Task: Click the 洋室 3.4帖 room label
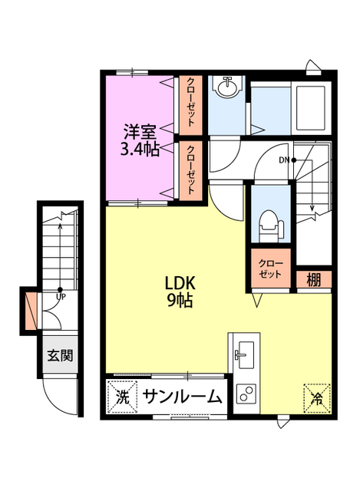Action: pyautogui.click(x=140, y=140)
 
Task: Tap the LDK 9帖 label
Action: pyautogui.click(x=180, y=292)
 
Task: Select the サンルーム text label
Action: pyautogui.click(x=183, y=397)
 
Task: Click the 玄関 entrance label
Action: pyautogui.click(x=60, y=355)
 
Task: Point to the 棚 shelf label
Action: pyautogui.click(x=314, y=279)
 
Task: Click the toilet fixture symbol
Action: pyautogui.click(x=271, y=224)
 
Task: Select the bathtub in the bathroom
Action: pyautogui.click(x=311, y=108)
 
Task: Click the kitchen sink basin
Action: pyautogui.click(x=246, y=354)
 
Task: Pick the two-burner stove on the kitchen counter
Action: pyautogui.click(x=246, y=394)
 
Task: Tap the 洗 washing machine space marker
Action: pyautogui.click(x=123, y=397)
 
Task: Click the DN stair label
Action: pyautogui.click(x=284, y=160)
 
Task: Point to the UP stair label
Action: pyautogui.click(x=61, y=297)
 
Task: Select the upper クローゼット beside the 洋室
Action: pyautogui.click(x=191, y=105)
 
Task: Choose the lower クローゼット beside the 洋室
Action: pyautogui.click(x=191, y=171)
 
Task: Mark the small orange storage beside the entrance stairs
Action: pyautogui.click(x=31, y=311)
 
